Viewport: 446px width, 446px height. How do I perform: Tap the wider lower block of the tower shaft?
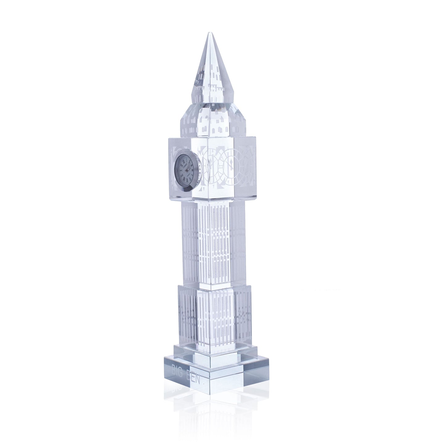coord(213,315)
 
